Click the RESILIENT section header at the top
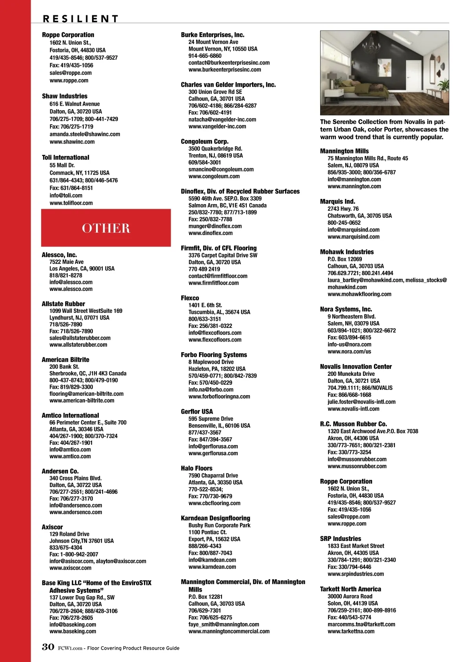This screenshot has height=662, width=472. (x=81, y=18)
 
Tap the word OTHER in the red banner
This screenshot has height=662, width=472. (x=106, y=228)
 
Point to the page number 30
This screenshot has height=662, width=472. (x=48, y=647)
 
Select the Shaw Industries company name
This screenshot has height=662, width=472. (x=65, y=96)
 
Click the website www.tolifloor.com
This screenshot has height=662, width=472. (x=71, y=203)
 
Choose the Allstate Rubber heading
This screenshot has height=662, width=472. (x=63, y=304)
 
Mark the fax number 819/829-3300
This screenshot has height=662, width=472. (x=71, y=387)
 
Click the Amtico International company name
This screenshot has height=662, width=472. (x=70, y=415)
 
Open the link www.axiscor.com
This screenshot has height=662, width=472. (x=71, y=568)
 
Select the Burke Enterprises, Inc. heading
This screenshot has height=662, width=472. (x=212, y=35)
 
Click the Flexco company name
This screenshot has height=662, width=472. (x=190, y=298)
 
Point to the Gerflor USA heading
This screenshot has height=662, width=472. (x=197, y=412)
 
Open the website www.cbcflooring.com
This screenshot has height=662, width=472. (x=214, y=503)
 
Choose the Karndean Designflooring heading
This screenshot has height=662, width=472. (x=216, y=518)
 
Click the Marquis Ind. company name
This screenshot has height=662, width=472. (x=337, y=202)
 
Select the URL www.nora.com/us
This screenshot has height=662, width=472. (x=349, y=351)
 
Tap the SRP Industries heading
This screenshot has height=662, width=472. (x=340, y=539)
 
